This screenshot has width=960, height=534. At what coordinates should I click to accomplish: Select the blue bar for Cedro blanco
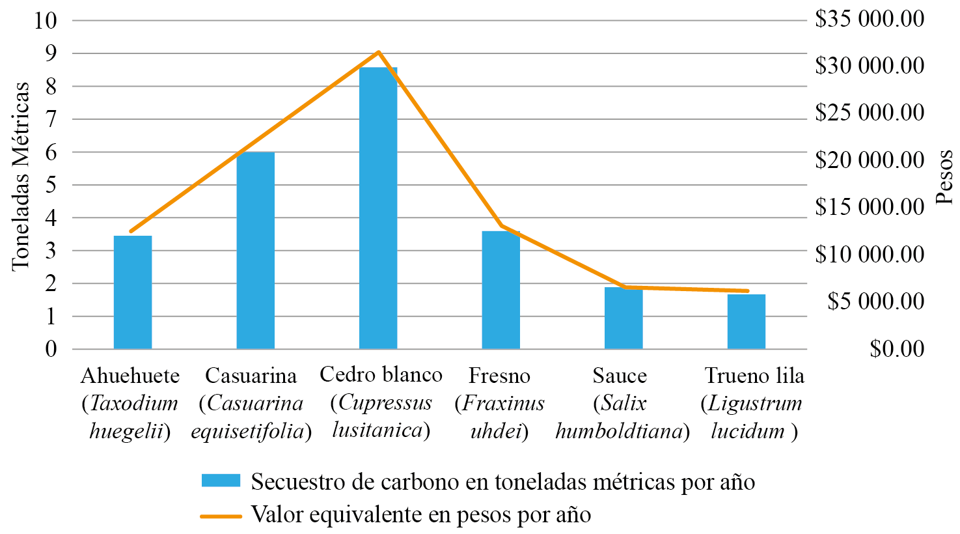[x=378, y=208]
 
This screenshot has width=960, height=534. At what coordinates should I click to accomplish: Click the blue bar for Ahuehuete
[x=133, y=293]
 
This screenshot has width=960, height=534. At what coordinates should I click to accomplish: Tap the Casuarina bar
[x=255, y=251]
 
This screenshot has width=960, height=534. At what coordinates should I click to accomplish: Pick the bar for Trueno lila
[x=746, y=322]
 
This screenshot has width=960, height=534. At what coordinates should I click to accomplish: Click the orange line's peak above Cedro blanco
[x=379, y=52]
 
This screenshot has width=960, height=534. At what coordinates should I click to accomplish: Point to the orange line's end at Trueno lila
[x=747, y=290]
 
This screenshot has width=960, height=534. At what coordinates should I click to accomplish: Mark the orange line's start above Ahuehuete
[x=131, y=231]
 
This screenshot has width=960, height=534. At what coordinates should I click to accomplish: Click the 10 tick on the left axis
[x=46, y=20]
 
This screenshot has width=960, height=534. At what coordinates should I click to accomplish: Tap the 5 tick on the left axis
[x=51, y=185]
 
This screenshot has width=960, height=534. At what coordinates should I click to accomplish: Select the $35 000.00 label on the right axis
[x=869, y=18]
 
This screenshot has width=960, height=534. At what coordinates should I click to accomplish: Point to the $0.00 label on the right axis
[x=896, y=349]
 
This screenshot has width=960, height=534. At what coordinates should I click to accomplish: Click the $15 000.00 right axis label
[x=869, y=207]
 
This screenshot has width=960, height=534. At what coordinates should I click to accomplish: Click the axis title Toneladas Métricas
[x=21, y=176]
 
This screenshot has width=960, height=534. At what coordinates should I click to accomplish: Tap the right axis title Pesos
[x=945, y=177]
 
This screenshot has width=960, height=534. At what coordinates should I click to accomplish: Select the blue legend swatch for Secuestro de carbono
[x=221, y=481]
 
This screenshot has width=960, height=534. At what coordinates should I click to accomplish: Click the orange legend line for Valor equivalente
[x=221, y=516]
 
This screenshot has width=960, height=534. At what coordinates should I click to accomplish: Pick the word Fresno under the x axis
[x=499, y=376]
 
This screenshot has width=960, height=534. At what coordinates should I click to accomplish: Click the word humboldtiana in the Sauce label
[x=618, y=431]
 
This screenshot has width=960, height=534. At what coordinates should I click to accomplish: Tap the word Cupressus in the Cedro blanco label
[x=385, y=402]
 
